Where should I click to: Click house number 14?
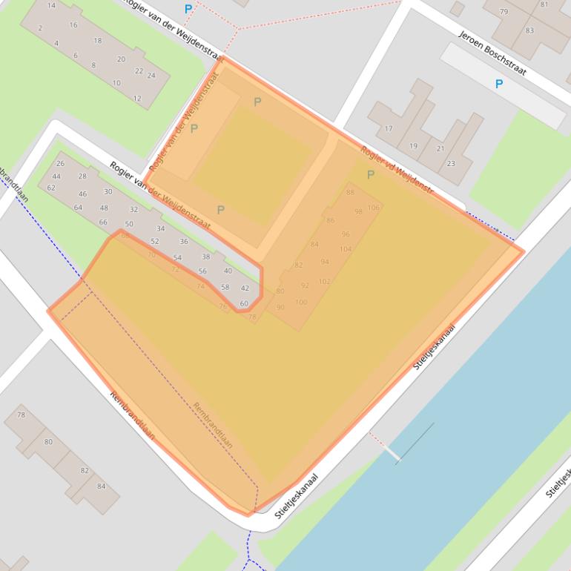click(x=51, y=5)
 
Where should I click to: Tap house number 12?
click(x=137, y=98)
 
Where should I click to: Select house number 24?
click(x=151, y=75)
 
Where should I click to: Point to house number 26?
click(x=60, y=163)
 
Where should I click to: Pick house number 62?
click(x=51, y=188)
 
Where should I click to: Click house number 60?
click(x=244, y=303)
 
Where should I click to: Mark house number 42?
click(x=245, y=288)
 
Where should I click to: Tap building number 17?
click(x=388, y=129)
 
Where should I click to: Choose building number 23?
click(x=451, y=163)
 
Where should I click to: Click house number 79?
click(x=504, y=11)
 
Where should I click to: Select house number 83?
click(x=529, y=30)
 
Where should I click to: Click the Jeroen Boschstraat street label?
click(x=492, y=53)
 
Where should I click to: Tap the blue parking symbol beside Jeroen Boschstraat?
click(x=498, y=84)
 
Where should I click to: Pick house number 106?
click(x=374, y=208)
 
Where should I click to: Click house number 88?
click(x=350, y=192)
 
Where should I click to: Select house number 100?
click(x=301, y=302)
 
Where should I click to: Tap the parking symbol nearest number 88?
click(x=370, y=175)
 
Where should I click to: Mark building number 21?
click(x=440, y=148)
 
